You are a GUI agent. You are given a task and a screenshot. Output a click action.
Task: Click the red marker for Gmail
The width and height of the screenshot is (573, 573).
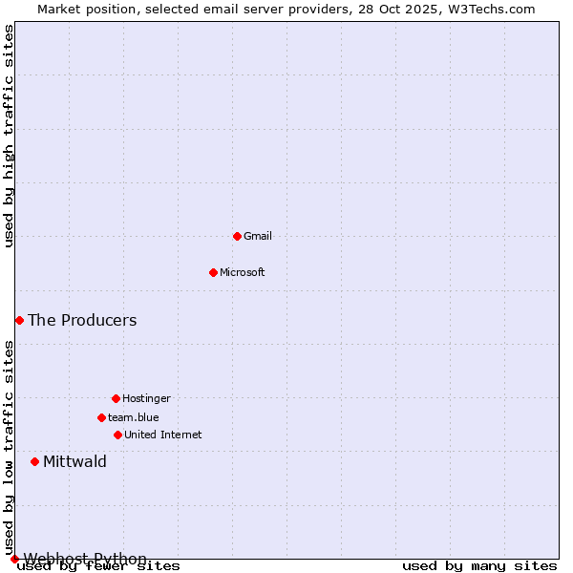pos(237,236)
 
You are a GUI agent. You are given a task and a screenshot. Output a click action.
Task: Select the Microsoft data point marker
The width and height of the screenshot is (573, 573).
pos(213,272)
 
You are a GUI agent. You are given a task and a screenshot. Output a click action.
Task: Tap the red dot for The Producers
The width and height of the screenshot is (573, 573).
pos(19,320)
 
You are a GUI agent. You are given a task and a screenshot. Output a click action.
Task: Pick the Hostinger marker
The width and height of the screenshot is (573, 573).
pos(116,398)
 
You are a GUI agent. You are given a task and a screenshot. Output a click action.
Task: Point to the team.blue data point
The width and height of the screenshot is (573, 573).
pos(101,417)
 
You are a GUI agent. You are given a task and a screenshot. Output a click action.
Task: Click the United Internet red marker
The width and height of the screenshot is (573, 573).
pos(117,435)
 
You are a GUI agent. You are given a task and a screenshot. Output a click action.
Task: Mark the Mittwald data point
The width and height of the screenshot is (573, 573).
pos(34,461)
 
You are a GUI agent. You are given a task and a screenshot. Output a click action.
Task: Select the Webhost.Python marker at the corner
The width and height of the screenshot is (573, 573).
pos(14,559)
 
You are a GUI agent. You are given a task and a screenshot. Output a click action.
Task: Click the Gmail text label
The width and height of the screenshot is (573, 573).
pos(258,236)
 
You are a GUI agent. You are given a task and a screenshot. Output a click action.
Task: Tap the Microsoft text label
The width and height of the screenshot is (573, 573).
pos(243,272)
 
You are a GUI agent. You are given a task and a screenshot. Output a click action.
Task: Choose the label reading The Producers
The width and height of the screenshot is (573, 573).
pos(82,320)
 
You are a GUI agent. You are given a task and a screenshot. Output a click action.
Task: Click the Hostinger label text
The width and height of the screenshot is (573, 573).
pos(146,398)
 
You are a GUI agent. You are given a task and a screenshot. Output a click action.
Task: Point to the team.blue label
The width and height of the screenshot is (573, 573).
pos(134,417)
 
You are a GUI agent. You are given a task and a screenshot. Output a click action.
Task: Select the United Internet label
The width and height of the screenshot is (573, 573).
pos(163,435)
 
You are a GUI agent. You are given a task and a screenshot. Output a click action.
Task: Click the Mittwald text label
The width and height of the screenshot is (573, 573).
pos(74,462)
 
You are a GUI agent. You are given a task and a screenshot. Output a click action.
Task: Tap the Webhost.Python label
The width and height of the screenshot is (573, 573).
pos(85,558)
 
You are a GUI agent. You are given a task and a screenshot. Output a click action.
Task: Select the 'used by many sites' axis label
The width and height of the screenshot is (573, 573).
pos(479,566)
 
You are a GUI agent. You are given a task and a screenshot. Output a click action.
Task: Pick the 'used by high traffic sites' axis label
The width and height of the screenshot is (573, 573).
pos(9,136)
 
